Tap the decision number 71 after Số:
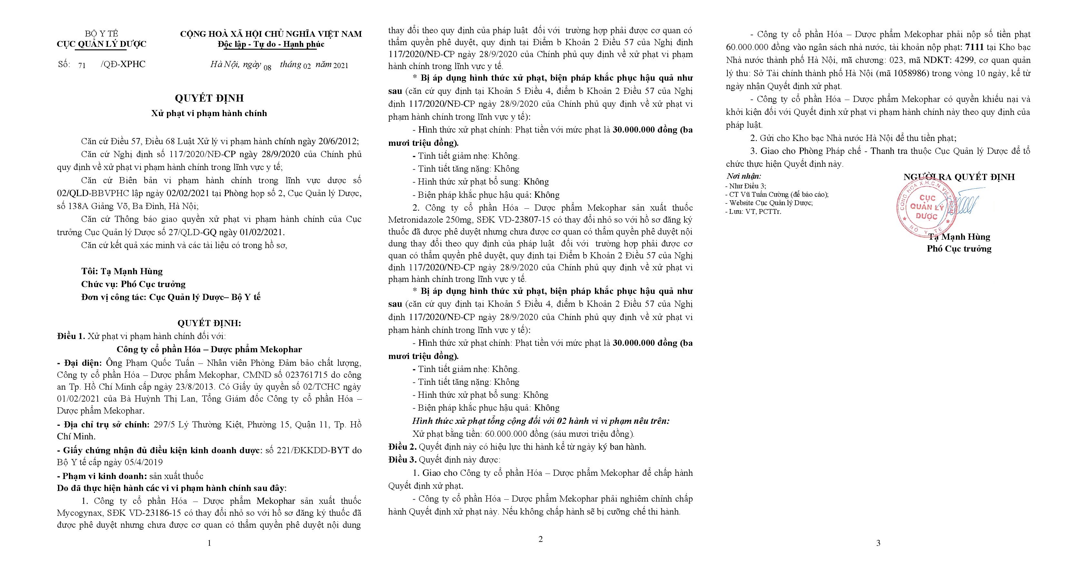(82, 65)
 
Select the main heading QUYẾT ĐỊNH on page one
(209, 98)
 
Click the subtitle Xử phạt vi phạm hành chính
(209, 113)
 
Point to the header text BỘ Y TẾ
(101, 34)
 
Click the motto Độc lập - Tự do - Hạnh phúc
(271, 44)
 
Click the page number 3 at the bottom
(878, 543)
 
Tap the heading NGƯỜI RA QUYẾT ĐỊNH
(959, 177)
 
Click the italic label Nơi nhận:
(744, 176)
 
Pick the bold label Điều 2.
(402, 447)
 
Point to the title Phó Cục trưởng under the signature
(959, 249)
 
